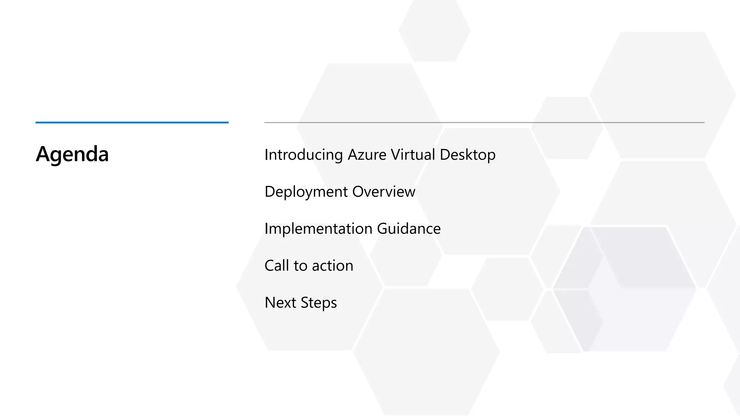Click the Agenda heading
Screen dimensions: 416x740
72,154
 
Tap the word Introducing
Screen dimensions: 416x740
304,155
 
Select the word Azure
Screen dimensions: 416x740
367,155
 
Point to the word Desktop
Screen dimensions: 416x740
467,155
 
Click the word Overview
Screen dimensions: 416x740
383,192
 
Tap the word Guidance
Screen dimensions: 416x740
409,229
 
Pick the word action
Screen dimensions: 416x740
332,266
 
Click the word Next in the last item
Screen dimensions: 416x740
280,303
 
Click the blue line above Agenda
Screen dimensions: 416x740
132,123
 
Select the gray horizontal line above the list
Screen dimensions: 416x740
484,123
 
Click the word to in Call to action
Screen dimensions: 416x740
300,266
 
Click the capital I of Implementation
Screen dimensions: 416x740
266,229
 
